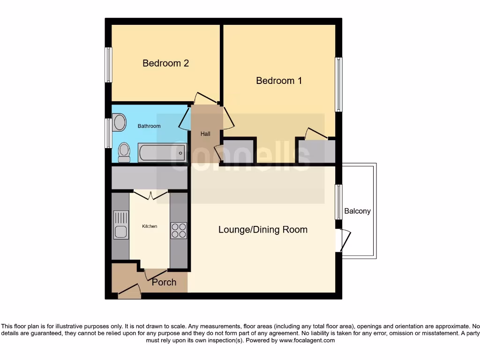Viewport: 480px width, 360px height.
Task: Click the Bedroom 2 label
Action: pyautogui.click(x=165, y=63)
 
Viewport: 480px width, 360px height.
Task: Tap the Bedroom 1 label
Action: pyautogui.click(x=279, y=81)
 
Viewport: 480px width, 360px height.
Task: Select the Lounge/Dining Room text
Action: pyautogui.click(x=263, y=230)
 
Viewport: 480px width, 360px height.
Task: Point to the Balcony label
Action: pyautogui.click(x=357, y=211)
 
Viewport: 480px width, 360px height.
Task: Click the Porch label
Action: pyautogui.click(x=164, y=282)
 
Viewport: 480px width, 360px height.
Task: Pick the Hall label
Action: pyautogui.click(x=205, y=134)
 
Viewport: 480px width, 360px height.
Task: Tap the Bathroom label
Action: pyautogui.click(x=149, y=126)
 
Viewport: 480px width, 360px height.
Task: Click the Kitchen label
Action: pyautogui.click(x=150, y=226)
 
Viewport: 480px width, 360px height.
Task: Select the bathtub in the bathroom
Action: pyautogui.click(x=162, y=153)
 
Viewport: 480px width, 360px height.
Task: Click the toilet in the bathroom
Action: pyautogui.click(x=124, y=152)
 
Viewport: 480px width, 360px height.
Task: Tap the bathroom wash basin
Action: pyautogui.click(x=120, y=123)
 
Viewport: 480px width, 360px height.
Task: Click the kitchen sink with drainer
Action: pyautogui.click(x=121, y=225)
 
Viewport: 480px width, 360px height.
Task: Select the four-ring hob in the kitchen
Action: pyautogui.click(x=179, y=231)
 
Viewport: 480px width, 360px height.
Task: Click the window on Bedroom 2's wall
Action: pyautogui.click(x=108, y=65)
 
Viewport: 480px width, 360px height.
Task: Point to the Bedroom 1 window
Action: pyautogui.click(x=338, y=84)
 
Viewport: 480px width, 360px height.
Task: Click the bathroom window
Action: pyautogui.click(x=108, y=133)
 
